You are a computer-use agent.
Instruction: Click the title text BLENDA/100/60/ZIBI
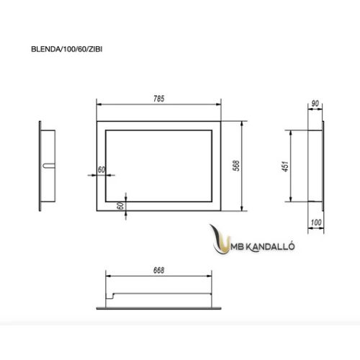tap(67, 49)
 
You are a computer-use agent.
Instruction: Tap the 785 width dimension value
tap(158, 99)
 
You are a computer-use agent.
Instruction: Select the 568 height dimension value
tap(236, 166)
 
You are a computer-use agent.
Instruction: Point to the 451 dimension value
tap(285, 166)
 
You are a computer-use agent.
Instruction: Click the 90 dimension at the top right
tap(315, 104)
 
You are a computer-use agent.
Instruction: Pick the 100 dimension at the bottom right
tap(316, 222)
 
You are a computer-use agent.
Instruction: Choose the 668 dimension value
tap(158, 271)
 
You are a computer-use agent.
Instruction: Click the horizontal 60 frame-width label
tap(102, 170)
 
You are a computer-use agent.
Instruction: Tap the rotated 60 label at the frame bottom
tap(121, 206)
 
